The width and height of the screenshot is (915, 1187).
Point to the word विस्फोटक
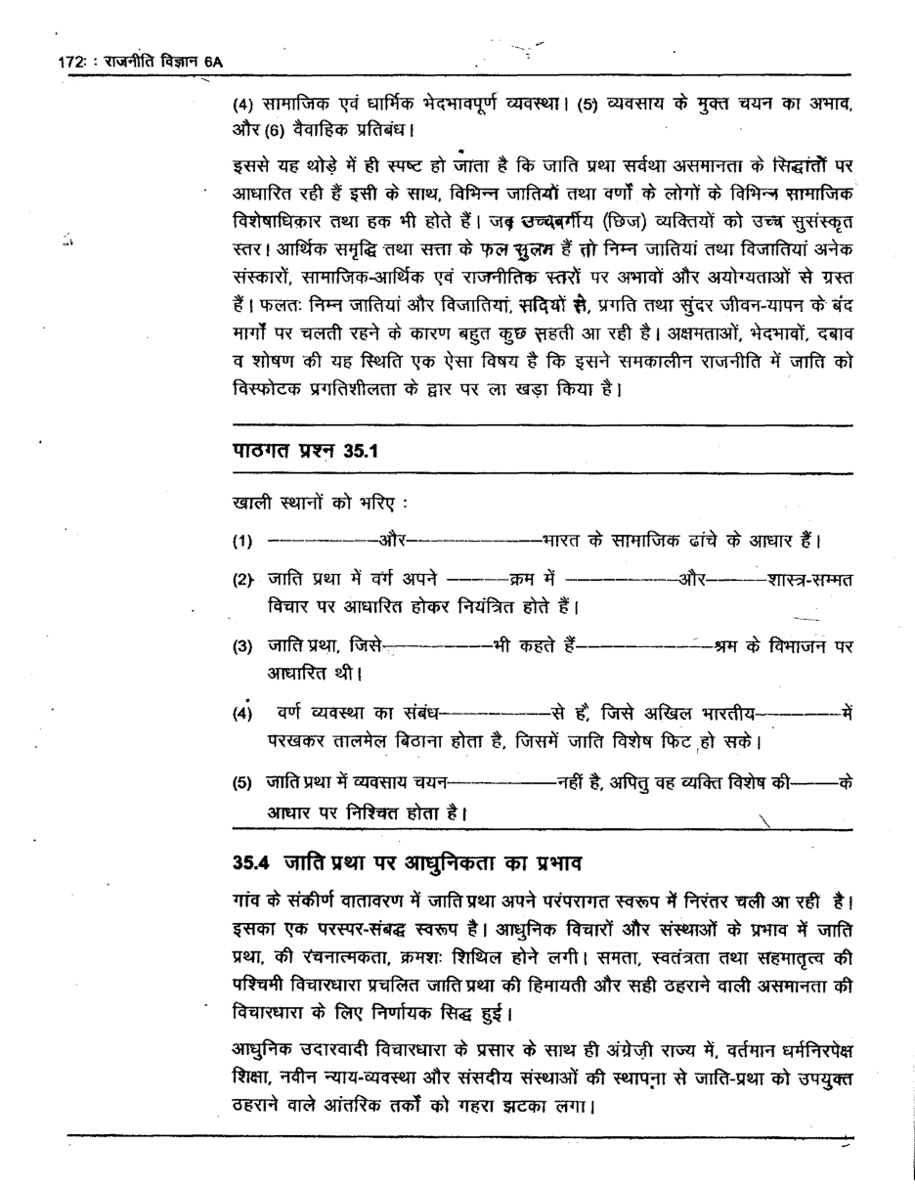(x=268, y=387)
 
